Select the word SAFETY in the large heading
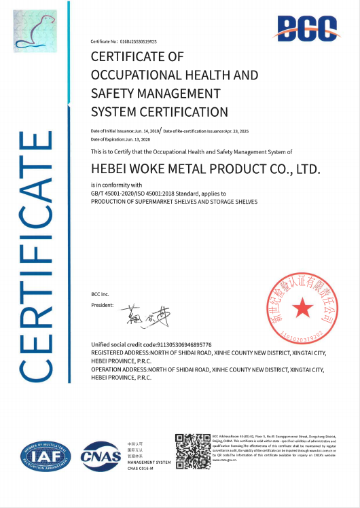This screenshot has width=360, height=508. [x=112, y=93]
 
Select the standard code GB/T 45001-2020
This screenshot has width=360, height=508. [x=117, y=194]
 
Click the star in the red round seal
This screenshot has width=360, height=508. [x=302, y=309]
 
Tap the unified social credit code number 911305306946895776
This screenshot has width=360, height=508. [x=184, y=345]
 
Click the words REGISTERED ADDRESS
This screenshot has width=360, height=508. [x=119, y=353]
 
